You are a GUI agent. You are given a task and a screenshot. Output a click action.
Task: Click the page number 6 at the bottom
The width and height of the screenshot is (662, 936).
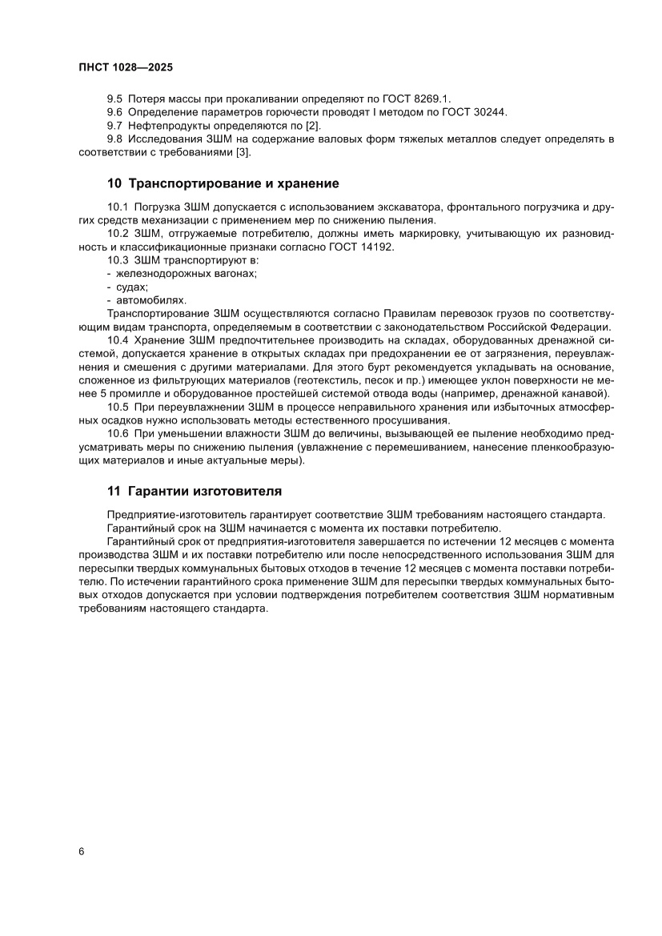coord(82,850)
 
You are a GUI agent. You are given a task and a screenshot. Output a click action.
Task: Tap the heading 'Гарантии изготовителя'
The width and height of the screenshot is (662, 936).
coord(205,491)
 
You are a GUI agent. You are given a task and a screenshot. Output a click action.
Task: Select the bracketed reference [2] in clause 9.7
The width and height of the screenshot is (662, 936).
coord(312,126)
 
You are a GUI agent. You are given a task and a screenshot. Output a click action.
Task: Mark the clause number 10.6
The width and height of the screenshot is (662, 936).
coord(118,433)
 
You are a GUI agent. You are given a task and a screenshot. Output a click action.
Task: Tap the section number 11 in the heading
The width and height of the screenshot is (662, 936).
coord(113,491)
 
